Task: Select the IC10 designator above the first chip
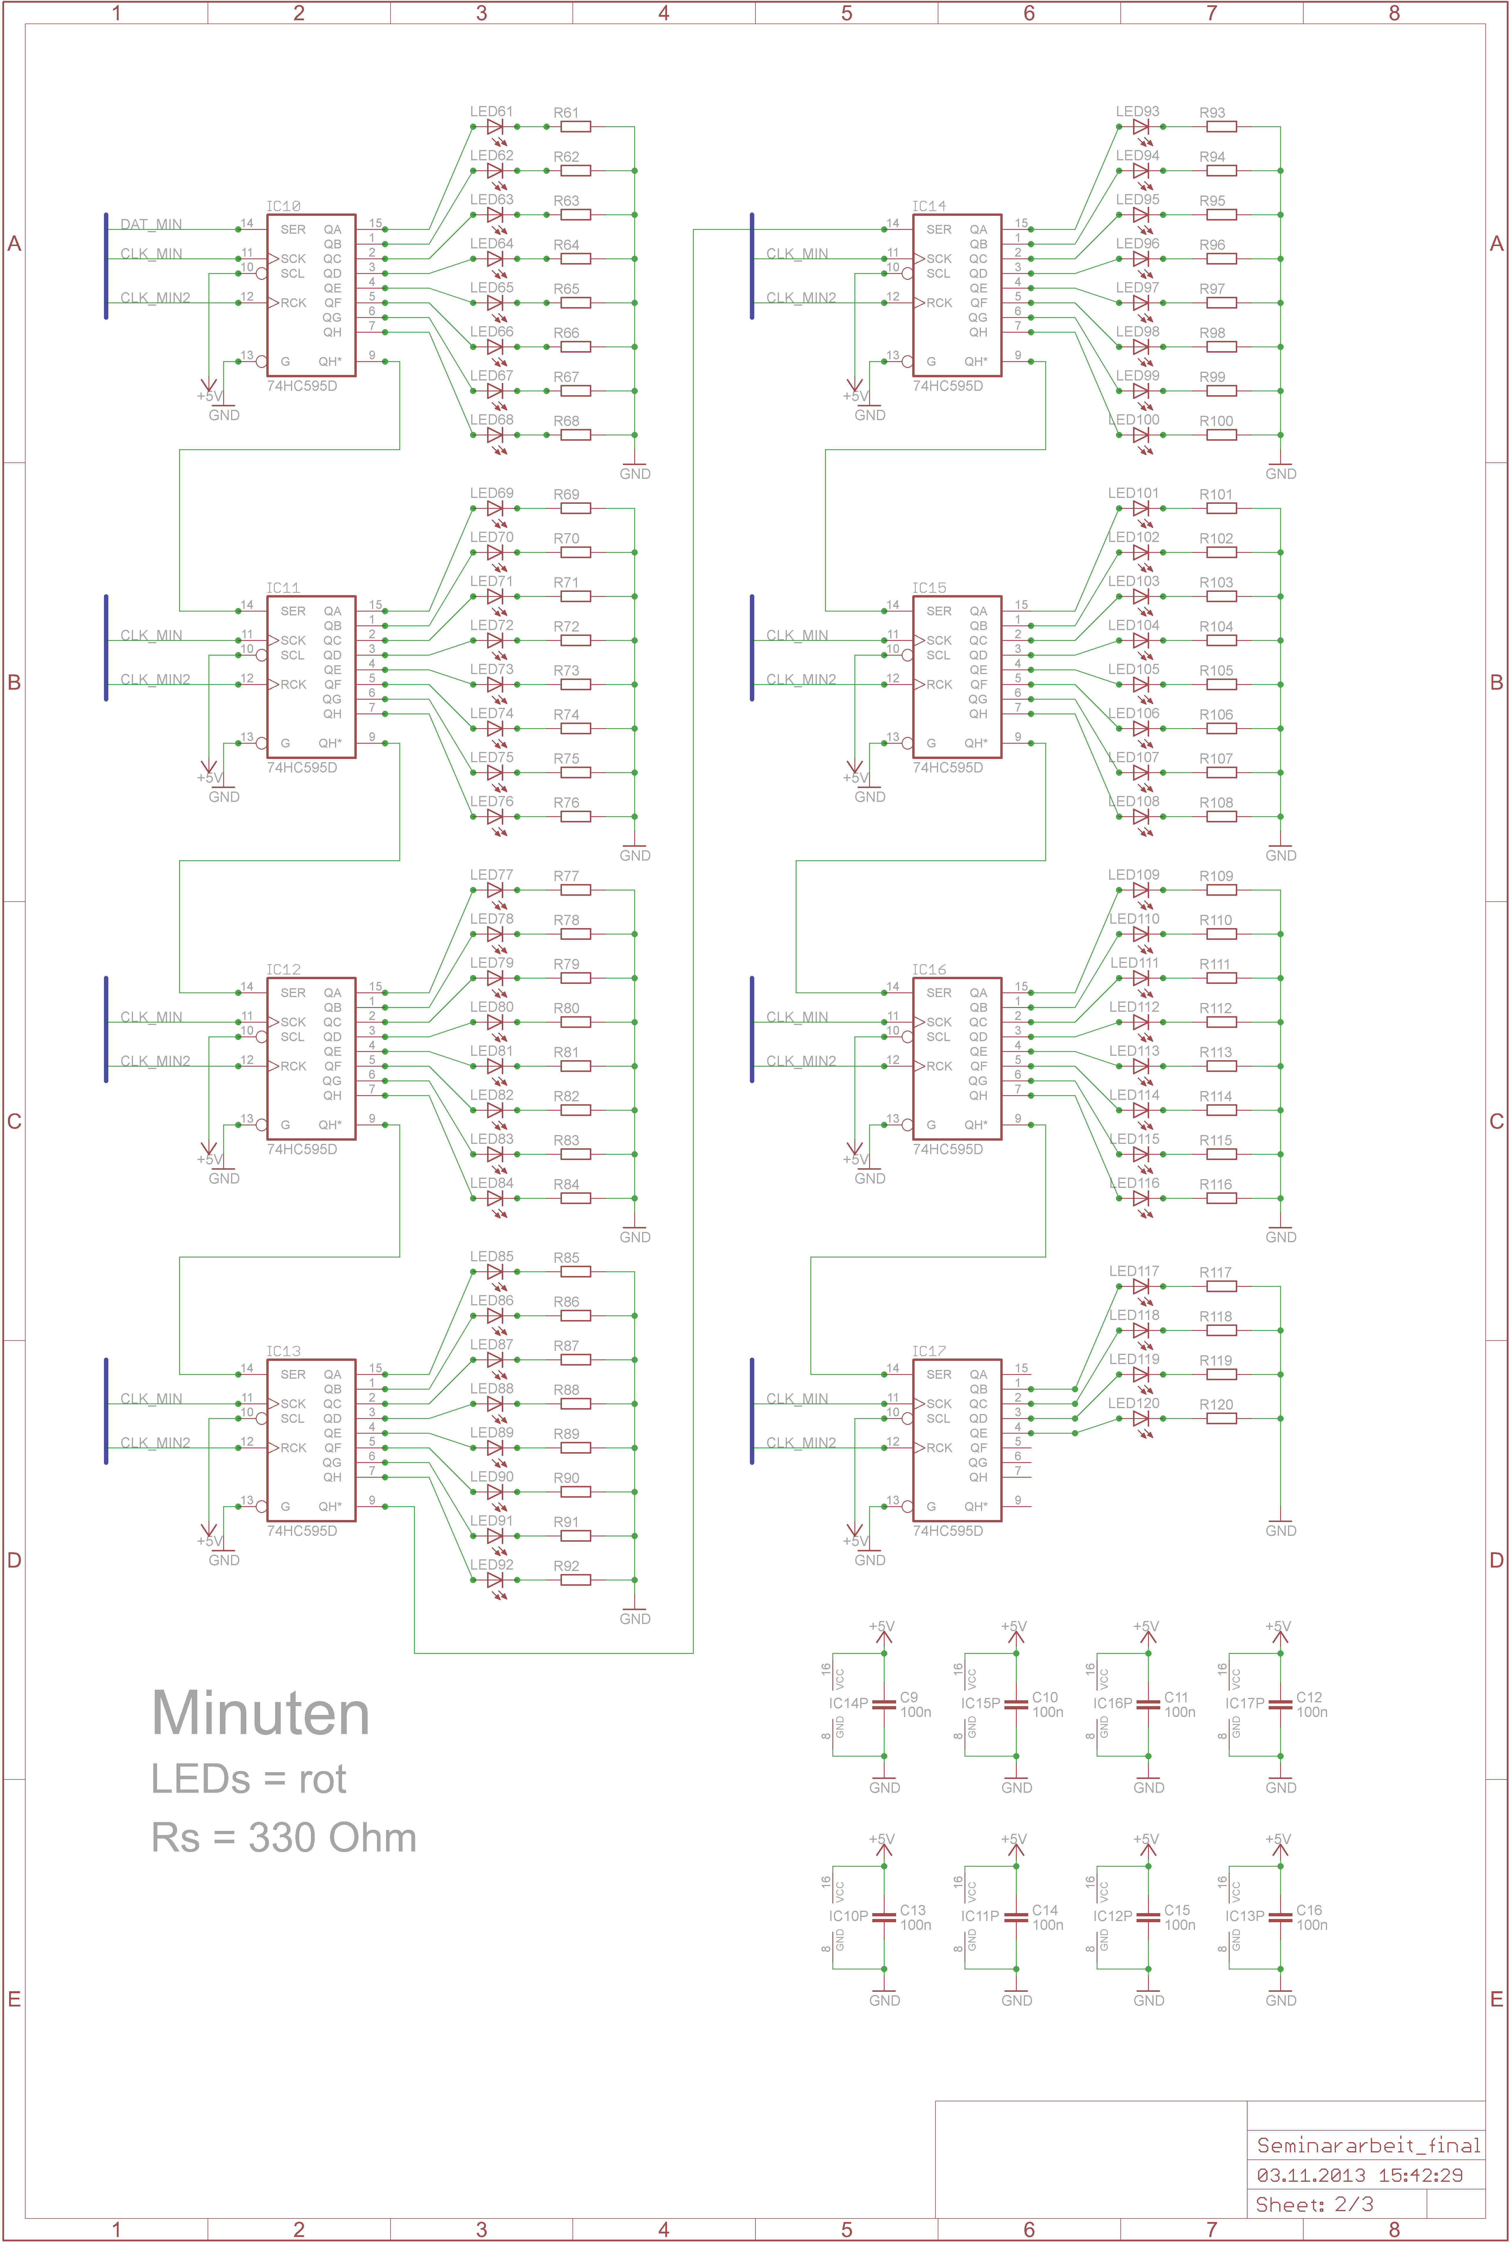(x=283, y=206)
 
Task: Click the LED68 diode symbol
(x=495, y=435)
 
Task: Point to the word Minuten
(x=260, y=1714)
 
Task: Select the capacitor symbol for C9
(x=884, y=1704)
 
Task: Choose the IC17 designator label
(x=929, y=1351)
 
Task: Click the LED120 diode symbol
(x=1141, y=1419)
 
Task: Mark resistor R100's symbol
(x=1221, y=435)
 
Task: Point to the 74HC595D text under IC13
(x=302, y=1531)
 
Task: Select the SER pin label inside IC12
(x=293, y=993)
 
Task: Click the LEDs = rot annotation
(x=248, y=1779)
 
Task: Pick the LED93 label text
(x=1137, y=112)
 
